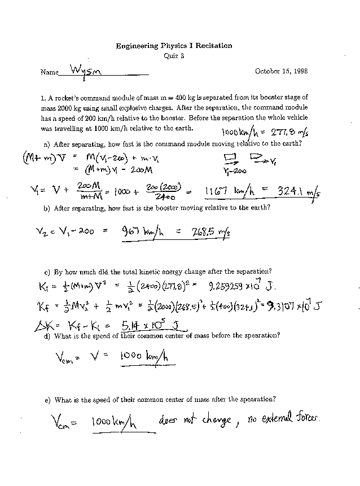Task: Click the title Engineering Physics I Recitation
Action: pos(174,46)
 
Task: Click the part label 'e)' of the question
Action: pos(47,400)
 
